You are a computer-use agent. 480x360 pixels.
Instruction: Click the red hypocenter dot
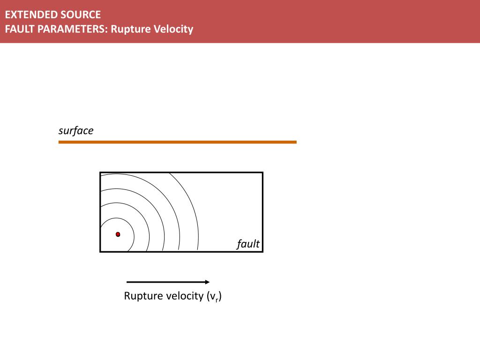(118, 234)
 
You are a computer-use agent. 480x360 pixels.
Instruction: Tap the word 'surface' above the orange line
(76, 131)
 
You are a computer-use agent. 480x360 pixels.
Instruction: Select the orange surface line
(178, 142)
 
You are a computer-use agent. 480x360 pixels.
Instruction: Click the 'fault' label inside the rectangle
(248, 244)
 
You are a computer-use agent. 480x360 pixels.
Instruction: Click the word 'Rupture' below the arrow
(143, 296)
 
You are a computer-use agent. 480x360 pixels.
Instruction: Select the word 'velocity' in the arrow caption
(185, 296)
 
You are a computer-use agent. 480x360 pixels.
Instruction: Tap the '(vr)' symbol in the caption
(214, 296)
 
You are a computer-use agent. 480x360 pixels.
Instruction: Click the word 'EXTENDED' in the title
(27, 15)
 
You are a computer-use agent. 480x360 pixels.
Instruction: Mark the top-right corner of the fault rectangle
(262, 172)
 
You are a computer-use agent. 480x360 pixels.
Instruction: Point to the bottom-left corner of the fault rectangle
(100, 252)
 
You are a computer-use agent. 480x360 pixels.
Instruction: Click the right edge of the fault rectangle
(262, 212)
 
